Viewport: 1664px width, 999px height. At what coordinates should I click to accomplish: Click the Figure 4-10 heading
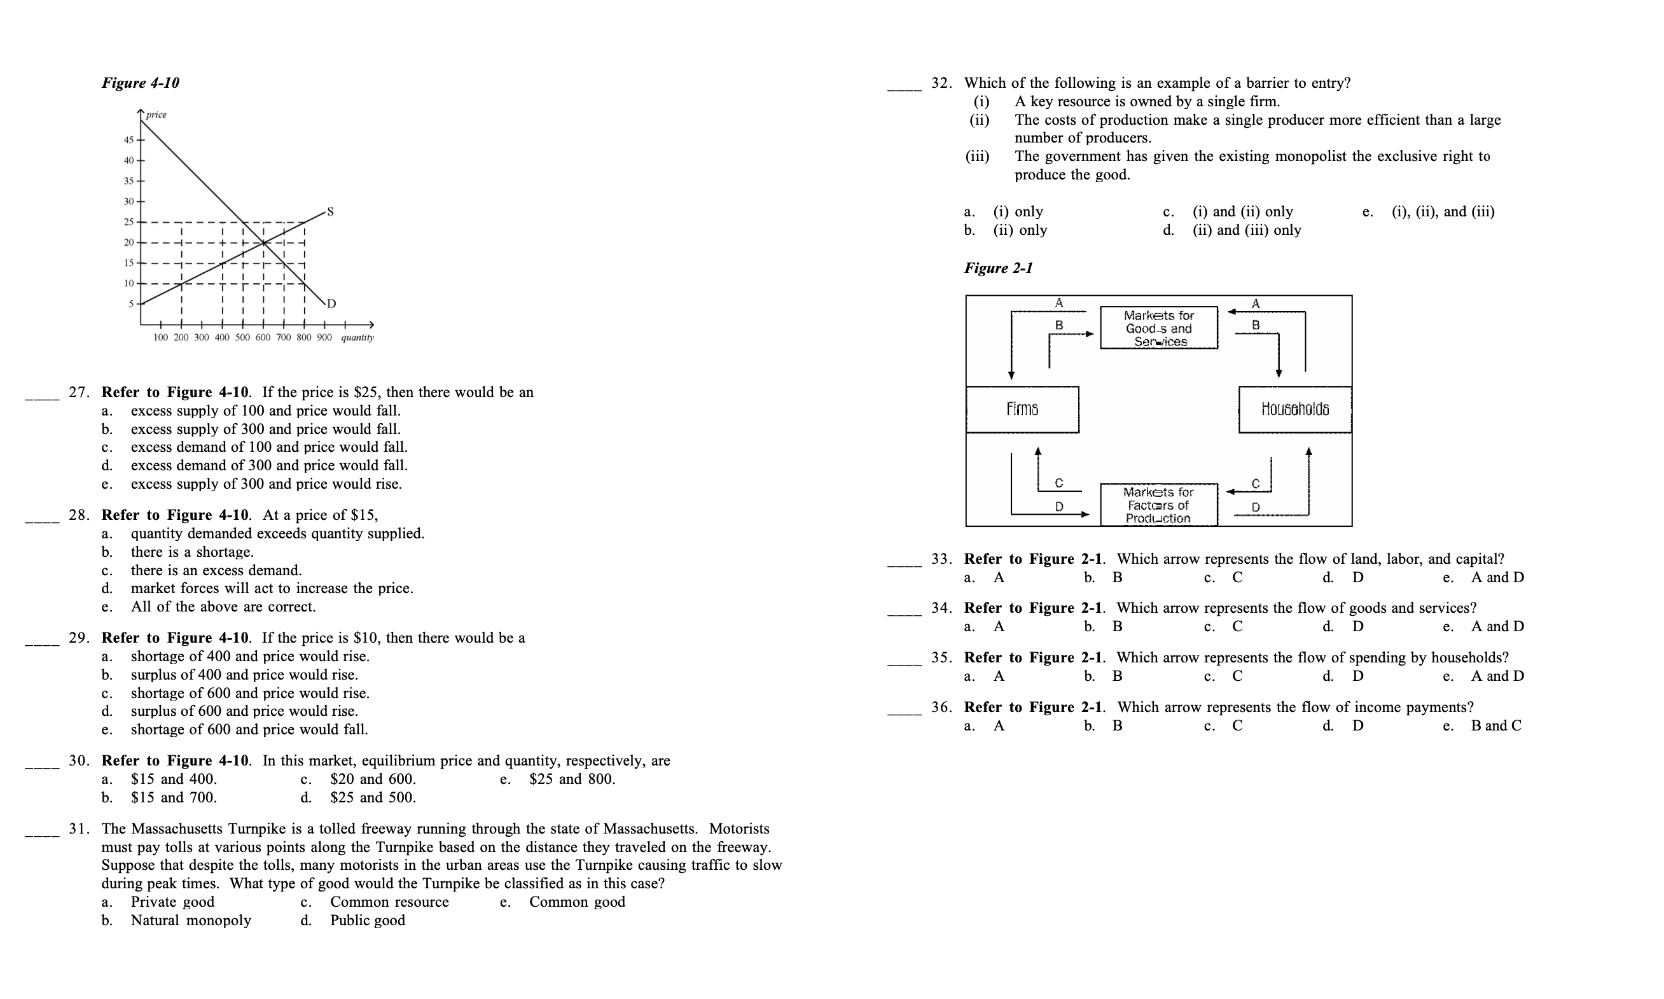140,83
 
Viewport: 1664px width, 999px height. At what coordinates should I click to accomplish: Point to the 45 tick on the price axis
128,140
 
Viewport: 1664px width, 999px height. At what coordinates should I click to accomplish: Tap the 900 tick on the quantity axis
324,337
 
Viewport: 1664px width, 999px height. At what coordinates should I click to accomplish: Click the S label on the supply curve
329,211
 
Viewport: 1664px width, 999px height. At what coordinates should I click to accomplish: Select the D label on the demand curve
331,304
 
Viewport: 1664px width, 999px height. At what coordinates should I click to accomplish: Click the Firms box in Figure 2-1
1022,409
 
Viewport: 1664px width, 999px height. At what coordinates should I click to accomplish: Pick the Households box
1294,409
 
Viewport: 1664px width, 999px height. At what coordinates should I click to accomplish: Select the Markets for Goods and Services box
1159,328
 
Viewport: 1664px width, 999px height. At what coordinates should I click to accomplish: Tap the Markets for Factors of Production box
1159,505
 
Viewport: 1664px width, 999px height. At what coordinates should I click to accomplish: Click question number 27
79,393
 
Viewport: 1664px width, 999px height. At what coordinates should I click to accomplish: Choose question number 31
79,828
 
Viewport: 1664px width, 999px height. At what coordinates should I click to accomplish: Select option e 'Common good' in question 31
577,902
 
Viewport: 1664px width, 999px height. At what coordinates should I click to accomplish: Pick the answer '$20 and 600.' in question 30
373,779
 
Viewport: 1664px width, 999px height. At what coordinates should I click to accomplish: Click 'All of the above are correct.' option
223,607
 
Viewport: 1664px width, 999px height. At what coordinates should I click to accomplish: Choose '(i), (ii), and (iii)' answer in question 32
1443,212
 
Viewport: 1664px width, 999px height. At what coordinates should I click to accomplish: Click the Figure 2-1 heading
998,268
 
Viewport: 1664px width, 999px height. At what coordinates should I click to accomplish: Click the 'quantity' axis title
357,337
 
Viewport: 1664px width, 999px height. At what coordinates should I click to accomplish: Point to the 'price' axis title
156,115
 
